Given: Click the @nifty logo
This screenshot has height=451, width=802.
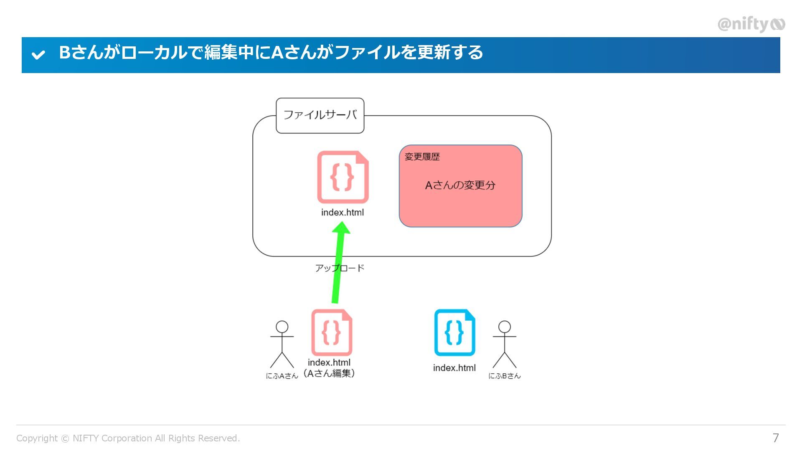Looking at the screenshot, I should [x=751, y=24].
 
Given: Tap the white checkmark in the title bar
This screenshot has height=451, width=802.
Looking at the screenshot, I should [x=38, y=55].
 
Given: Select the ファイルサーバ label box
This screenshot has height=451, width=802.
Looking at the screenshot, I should [x=320, y=115].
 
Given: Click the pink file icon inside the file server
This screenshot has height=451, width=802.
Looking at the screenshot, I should [x=343, y=177].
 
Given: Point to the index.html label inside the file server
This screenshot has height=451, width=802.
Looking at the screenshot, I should [x=342, y=213].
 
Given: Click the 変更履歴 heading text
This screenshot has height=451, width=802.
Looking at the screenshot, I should [x=422, y=157].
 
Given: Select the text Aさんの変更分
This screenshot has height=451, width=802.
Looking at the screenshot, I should [x=460, y=185].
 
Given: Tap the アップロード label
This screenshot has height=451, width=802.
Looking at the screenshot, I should [x=339, y=268].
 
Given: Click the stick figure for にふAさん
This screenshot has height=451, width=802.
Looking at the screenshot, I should [x=282, y=345].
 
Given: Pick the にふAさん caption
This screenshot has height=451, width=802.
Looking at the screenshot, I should [x=282, y=376].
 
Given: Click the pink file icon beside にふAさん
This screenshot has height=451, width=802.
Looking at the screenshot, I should [x=332, y=332].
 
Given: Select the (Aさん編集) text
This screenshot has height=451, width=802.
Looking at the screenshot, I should [x=329, y=373].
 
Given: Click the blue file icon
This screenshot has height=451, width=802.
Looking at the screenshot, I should [x=454, y=332].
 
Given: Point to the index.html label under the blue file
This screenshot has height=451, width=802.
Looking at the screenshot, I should [x=454, y=368].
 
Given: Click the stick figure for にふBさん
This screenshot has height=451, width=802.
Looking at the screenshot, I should [x=504, y=345].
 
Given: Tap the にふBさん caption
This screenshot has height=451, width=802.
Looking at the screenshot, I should [x=504, y=376].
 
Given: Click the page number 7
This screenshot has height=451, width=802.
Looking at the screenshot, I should [x=776, y=438].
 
